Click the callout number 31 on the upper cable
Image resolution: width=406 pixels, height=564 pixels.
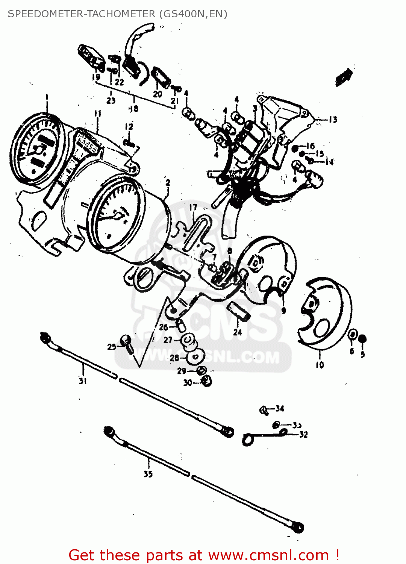pos(83,381)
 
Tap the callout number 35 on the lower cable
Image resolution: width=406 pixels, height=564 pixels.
pos(148,474)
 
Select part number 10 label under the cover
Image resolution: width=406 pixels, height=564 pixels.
pos(320,365)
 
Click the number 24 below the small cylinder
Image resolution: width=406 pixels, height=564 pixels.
pos(237,332)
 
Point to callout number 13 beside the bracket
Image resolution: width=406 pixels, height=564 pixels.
pos(333,120)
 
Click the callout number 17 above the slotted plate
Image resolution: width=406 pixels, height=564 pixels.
pos(193,208)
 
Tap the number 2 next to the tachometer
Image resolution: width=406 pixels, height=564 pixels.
pos(168,183)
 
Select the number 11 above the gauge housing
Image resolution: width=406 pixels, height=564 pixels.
pos(97,113)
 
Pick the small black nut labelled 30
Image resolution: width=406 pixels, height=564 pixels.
pos(206,382)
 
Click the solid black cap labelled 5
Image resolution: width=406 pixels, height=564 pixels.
pos(362,339)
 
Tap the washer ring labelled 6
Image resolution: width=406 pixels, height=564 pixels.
pos(353,335)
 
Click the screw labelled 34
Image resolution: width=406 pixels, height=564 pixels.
pos(264,410)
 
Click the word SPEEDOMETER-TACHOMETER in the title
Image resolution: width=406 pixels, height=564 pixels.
pos(81,14)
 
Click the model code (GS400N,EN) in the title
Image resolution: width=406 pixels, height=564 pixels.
pos(193,14)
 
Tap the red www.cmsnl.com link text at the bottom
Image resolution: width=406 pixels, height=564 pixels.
pos(268,555)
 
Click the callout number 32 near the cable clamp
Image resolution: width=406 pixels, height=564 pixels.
pos(303,435)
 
